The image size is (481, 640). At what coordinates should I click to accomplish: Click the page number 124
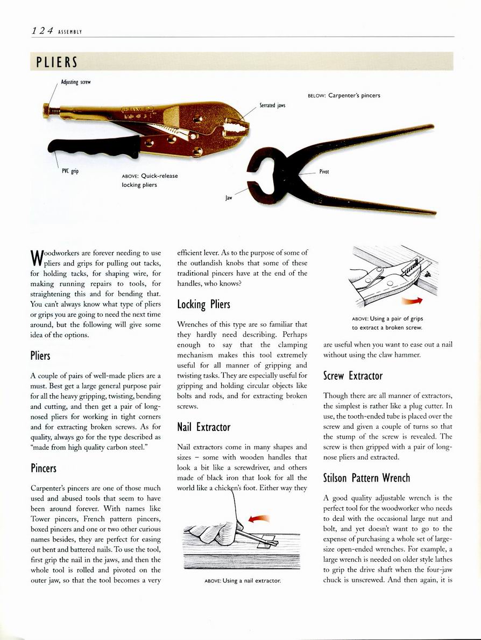coord(41,31)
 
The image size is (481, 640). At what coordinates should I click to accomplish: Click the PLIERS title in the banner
coord(57,62)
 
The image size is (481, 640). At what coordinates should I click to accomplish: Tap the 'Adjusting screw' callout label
coord(76,82)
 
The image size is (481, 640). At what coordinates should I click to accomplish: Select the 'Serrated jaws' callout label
coord(272,106)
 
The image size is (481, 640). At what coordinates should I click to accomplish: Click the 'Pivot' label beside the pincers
coord(324,172)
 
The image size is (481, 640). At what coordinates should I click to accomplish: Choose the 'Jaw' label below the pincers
coord(229,198)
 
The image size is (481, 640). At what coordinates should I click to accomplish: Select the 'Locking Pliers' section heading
coord(203,304)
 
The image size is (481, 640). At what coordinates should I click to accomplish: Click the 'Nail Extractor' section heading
coord(203,427)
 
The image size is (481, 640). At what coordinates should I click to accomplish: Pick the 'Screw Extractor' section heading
coord(352,376)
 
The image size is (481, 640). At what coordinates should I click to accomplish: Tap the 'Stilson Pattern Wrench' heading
coord(366,478)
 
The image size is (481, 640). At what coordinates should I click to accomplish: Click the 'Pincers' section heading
coord(44,468)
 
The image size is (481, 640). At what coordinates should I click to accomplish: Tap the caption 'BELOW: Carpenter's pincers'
coord(344,95)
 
